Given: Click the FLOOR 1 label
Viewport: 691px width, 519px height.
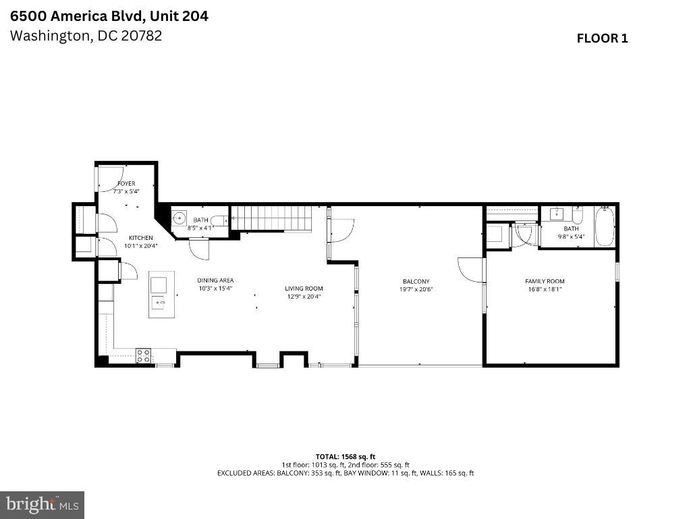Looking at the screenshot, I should (x=602, y=39).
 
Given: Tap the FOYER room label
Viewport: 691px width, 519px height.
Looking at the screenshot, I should (x=126, y=184).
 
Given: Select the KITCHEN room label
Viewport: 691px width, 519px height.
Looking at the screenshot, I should (x=141, y=238).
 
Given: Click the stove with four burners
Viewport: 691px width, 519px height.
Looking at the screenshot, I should (x=143, y=356).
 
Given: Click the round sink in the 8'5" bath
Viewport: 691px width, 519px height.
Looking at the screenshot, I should (x=179, y=218).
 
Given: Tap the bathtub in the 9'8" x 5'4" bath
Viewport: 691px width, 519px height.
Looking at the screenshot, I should (x=604, y=228).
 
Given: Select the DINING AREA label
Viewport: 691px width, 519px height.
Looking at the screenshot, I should (x=215, y=280).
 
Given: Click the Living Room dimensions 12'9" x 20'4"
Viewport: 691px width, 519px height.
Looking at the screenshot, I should (x=304, y=296).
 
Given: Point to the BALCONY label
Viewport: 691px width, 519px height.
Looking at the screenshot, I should (x=416, y=282).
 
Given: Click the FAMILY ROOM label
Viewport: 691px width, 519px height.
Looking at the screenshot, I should (x=545, y=281).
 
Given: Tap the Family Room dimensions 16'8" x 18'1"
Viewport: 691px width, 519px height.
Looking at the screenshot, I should (x=545, y=289).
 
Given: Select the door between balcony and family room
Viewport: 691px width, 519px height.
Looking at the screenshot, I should (x=471, y=270).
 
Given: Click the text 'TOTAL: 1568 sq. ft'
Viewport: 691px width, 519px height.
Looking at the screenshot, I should (x=345, y=456).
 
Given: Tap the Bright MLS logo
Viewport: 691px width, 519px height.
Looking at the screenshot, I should (x=42, y=504).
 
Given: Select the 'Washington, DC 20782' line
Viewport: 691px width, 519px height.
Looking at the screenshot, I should (x=86, y=36).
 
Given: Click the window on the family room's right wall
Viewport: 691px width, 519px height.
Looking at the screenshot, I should (x=617, y=270).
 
